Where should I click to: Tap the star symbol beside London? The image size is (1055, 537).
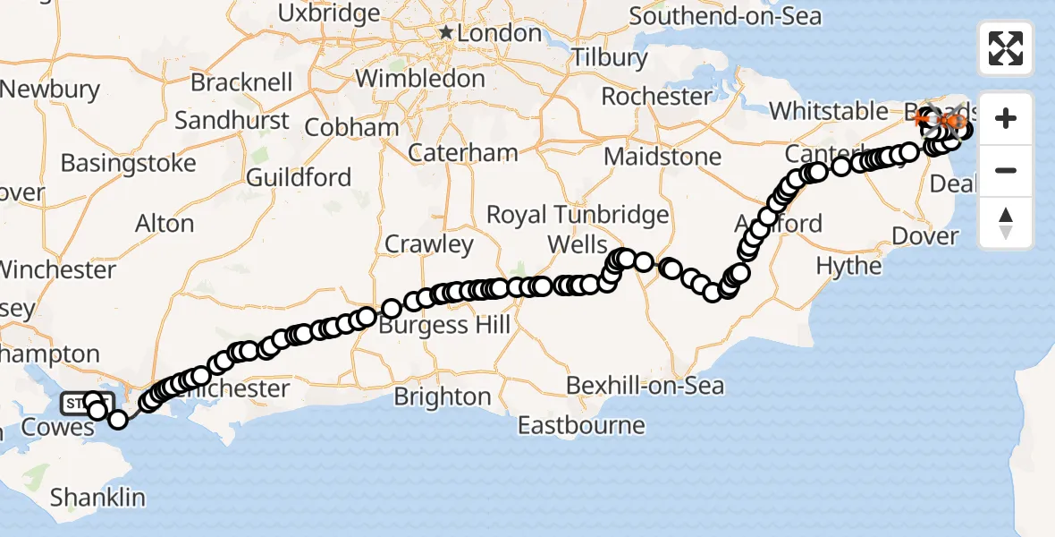(x=446, y=34)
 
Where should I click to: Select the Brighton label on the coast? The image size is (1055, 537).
(x=467, y=396)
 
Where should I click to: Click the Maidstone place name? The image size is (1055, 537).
(x=663, y=157)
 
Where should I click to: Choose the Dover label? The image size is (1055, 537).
(x=925, y=237)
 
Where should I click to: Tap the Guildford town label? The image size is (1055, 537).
(x=299, y=177)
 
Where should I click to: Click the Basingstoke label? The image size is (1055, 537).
(x=128, y=164)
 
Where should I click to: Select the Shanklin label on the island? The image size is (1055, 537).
(x=97, y=497)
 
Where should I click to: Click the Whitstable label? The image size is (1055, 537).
(x=829, y=111)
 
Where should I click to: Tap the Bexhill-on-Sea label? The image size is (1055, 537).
(x=646, y=387)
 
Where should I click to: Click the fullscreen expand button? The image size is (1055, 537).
(x=1006, y=48)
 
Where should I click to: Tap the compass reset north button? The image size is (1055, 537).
(x=1006, y=223)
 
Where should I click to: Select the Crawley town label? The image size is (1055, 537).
(x=428, y=243)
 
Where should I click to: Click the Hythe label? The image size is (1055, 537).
(x=848, y=266)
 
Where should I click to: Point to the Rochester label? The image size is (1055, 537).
(x=656, y=96)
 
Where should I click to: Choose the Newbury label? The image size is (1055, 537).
(x=50, y=89)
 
